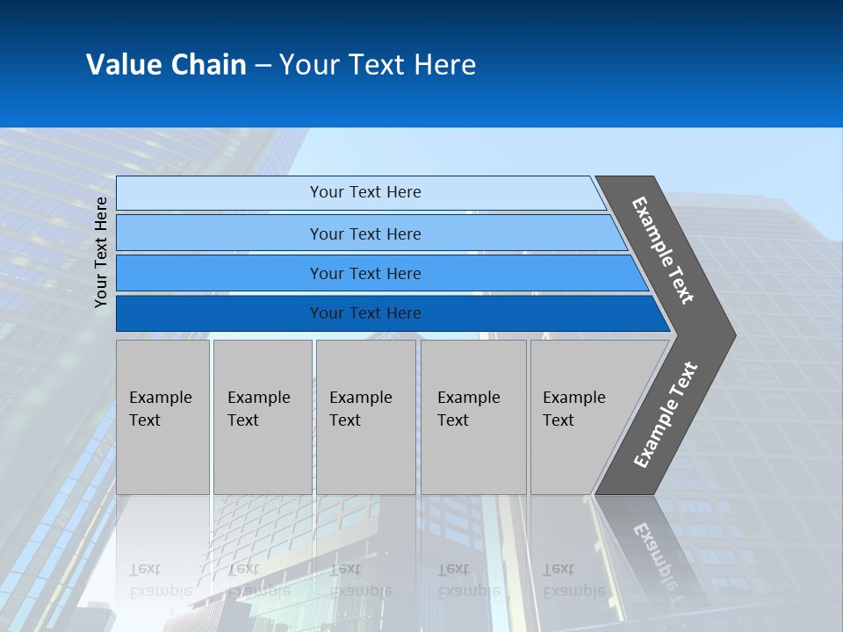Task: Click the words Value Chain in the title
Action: coord(166,65)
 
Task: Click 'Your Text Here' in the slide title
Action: coord(378,65)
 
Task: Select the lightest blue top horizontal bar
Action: coord(220,192)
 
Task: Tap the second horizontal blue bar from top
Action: coord(220,233)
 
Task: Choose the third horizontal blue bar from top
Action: coord(220,273)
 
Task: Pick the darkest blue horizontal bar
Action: coord(220,313)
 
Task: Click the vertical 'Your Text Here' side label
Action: coord(102,252)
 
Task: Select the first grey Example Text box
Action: coord(162,417)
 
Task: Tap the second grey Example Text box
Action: coord(262,417)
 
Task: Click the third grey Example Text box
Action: coord(365,417)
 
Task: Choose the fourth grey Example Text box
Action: coord(472,417)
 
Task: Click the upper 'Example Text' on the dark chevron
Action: coord(663,250)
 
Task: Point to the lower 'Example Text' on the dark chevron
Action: coord(665,415)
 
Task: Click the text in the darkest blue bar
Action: coord(365,313)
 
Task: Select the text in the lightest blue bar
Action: coord(365,192)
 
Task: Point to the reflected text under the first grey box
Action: coord(161,580)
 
